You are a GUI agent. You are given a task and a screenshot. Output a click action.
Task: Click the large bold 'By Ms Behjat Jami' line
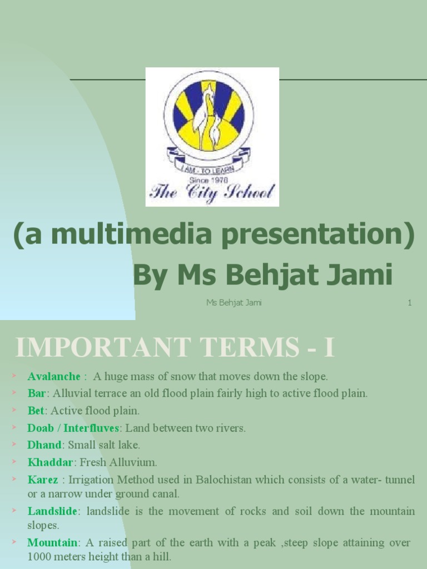[262, 274]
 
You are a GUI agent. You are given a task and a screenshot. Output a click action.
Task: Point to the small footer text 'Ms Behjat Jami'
[234, 303]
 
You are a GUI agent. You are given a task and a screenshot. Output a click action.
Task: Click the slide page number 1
[409, 303]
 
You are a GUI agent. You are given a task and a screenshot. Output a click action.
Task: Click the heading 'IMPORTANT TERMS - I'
[175, 348]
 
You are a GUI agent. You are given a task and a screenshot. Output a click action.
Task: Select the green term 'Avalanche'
[54, 376]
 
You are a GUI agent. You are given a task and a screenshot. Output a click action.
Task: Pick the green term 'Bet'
[36, 411]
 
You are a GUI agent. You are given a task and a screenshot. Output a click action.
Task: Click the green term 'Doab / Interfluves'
[73, 428]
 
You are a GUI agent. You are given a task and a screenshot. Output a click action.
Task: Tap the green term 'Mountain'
[52, 542]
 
